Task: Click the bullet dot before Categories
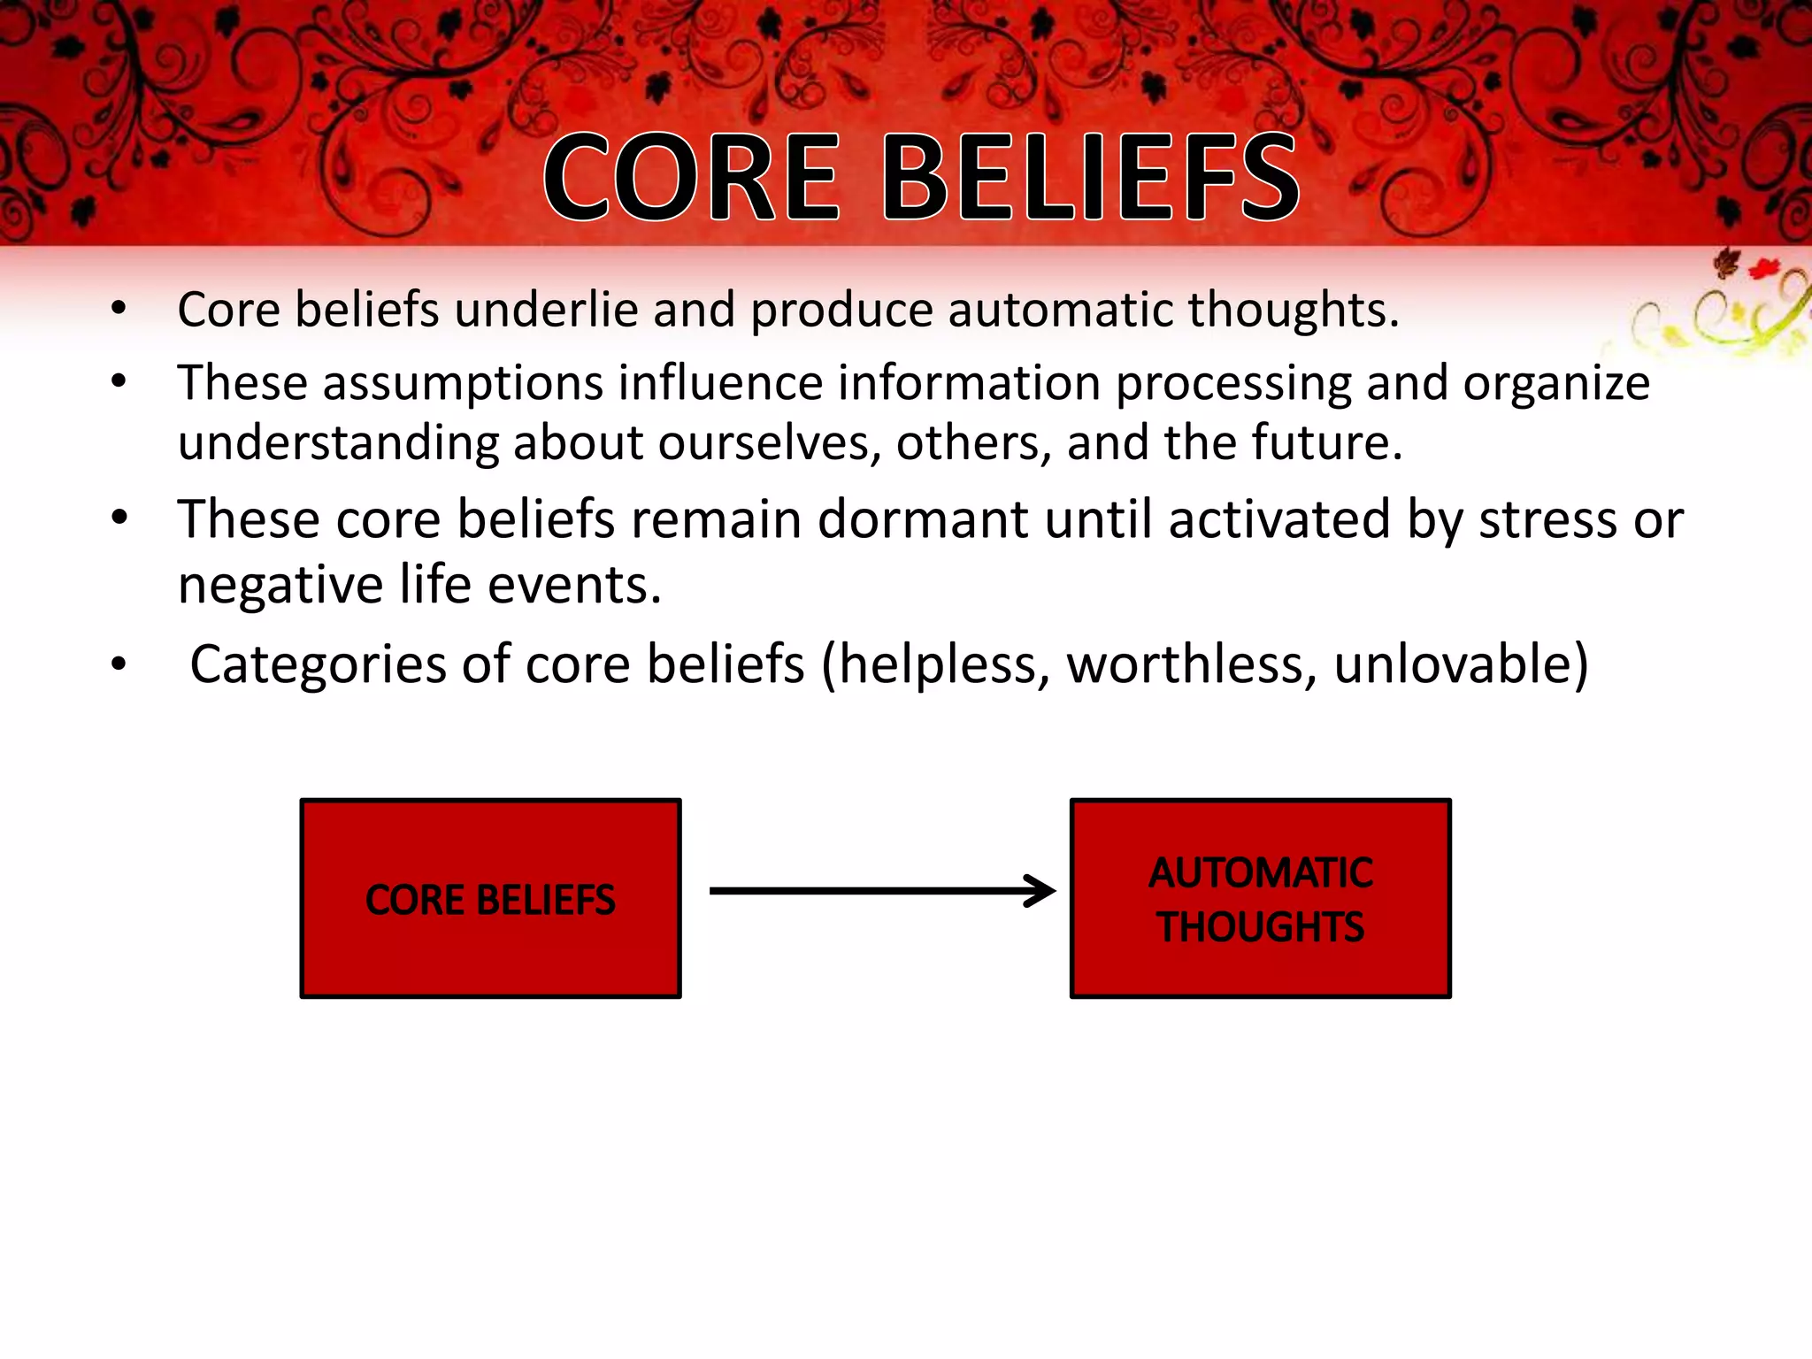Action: [x=119, y=664]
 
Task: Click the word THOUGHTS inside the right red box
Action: [x=1261, y=927]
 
